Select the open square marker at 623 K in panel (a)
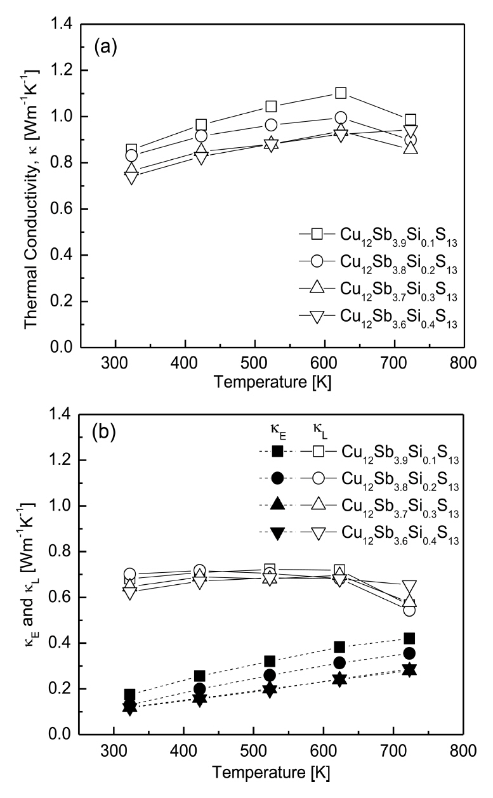[x=341, y=93]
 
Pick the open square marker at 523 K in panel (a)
[x=271, y=106]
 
